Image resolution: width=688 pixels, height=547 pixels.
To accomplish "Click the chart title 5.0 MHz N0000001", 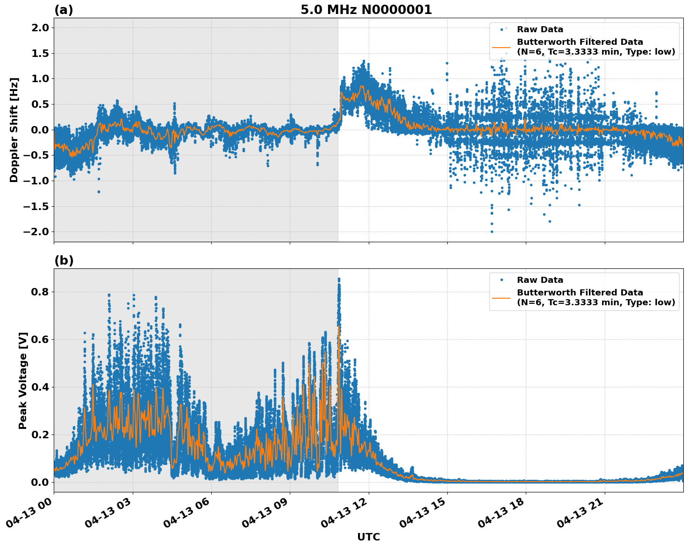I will (x=366, y=10).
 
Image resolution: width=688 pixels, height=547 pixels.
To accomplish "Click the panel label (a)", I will (x=64, y=10).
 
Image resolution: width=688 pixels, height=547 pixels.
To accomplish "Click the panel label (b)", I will (x=64, y=260).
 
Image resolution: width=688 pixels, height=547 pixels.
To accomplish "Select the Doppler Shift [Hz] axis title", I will (x=14, y=130).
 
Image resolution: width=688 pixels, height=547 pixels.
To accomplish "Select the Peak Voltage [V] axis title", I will (x=22, y=380).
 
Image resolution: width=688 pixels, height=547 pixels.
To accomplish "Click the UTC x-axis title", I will (x=368, y=537).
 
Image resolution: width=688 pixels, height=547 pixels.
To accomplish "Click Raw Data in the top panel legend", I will (x=540, y=29).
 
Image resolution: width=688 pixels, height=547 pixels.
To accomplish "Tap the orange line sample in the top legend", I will (x=502, y=47).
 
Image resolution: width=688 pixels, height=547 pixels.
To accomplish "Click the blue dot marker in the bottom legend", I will (x=502, y=280).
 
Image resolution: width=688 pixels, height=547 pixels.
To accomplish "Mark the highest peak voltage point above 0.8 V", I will (x=339, y=279).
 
